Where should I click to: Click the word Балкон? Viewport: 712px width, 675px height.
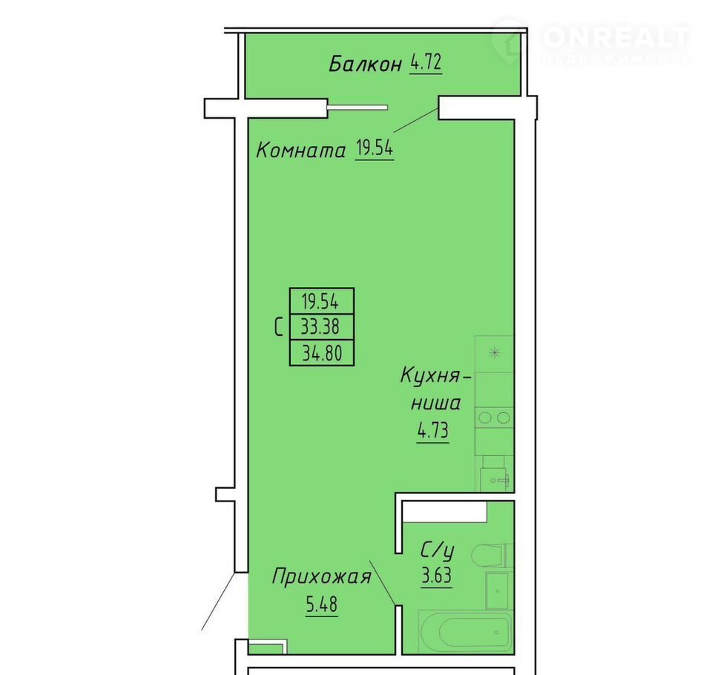[366, 64]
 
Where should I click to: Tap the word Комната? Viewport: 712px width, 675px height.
[301, 150]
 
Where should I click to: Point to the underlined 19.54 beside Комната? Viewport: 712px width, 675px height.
[375, 148]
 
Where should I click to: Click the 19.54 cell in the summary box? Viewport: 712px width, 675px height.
[321, 300]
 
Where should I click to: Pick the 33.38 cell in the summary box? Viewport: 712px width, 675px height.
[321, 326]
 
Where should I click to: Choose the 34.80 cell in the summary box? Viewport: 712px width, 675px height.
[321, 352]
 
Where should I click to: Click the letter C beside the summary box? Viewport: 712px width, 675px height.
[279, 326]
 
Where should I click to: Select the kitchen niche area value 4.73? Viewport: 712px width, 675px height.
[433, 429]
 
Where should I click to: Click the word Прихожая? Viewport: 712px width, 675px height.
[321, 576]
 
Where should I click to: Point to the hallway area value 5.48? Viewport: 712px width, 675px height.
[321, 604]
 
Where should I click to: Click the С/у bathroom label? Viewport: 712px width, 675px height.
[437, 550]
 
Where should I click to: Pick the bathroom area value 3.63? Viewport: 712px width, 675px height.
[436, 576]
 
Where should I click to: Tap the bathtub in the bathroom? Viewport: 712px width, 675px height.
[466, 631]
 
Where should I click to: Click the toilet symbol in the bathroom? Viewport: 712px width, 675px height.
[492, 555]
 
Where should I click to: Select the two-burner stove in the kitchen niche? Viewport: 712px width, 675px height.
[494, 418]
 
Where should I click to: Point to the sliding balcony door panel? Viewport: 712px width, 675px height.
[357, 108]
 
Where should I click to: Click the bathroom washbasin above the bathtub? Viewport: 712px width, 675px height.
[498, 590]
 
